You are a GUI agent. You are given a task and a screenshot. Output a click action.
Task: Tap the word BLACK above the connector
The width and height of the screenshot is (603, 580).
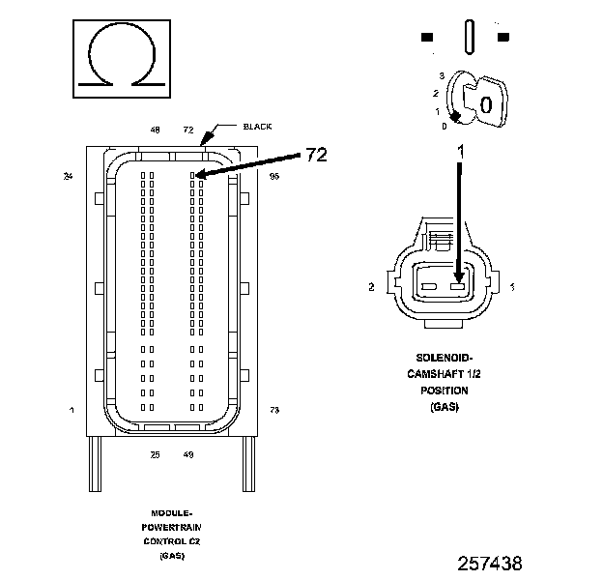258,127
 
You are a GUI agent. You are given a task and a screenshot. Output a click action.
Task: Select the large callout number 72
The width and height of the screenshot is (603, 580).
317,154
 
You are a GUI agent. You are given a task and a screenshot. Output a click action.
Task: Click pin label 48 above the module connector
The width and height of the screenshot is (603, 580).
155,130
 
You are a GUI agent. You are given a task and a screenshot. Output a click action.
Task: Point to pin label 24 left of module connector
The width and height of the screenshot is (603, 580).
68,177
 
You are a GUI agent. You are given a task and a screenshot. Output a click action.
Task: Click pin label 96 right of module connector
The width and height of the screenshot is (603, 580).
274,177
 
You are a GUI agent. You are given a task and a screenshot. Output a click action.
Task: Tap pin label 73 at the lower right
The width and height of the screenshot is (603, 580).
274,411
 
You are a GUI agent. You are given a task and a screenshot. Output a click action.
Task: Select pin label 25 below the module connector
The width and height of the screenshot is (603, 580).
155,454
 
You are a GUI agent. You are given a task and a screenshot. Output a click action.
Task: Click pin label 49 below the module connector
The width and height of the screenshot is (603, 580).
187,454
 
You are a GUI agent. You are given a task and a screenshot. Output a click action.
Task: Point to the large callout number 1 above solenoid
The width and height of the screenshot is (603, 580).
461,152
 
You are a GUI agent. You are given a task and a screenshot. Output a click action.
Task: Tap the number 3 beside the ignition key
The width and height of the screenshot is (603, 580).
441,74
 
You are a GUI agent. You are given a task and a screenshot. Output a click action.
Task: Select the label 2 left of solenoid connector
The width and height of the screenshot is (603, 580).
372,287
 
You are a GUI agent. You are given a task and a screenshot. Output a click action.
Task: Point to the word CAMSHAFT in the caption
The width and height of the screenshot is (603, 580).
438,374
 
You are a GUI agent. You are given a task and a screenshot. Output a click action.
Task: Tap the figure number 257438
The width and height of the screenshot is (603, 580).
490,562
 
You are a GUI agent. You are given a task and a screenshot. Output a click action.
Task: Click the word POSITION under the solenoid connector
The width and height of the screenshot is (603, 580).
445,391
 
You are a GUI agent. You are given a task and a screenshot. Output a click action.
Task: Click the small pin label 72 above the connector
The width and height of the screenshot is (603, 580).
188,130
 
